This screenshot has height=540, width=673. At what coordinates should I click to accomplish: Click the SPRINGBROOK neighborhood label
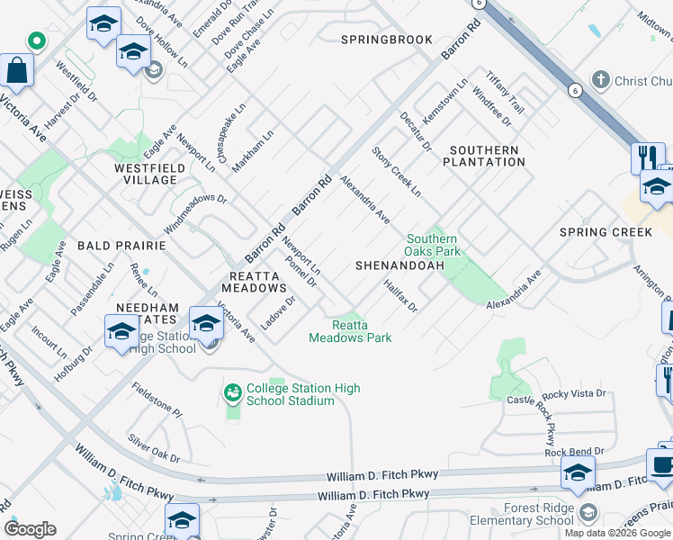pyautogui.click(x=387, y=40)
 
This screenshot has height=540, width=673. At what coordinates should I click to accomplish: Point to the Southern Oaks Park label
pyautogui.click(x=433, y=246)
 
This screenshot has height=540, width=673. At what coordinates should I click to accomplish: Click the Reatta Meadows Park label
pyautogui.click(x=350, y=331)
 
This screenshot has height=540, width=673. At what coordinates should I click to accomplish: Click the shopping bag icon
pyautogui.click(x=16, y=69)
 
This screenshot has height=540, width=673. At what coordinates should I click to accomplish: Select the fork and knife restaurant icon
pyautogui.click(x=648, y=157)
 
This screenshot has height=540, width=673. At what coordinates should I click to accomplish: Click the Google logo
pyautogui.click(x=30, y=529)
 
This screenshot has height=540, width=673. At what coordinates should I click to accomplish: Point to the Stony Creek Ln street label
pyautogui.click(x=397, y=172)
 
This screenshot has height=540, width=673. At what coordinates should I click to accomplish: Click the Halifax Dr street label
pyautogui.click(x=400, y=295)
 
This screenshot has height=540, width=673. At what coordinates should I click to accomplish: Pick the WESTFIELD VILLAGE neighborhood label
pyautogui.click(x=145, y=174)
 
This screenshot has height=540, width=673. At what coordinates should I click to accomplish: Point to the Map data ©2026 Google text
pyautogui.click(x=617, y=532)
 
